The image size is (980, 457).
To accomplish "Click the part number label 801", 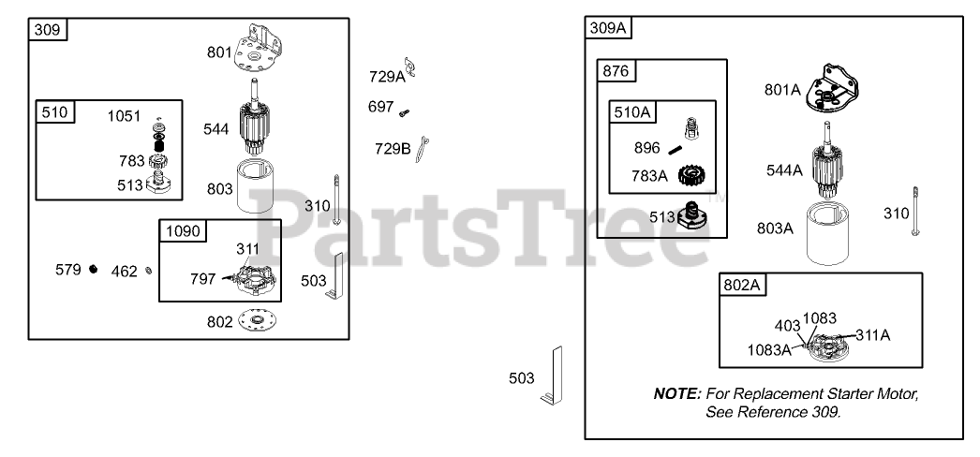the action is tap(219, 52).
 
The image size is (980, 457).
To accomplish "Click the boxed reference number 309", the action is tap(48, 30).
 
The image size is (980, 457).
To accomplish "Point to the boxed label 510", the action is tap(55, 112).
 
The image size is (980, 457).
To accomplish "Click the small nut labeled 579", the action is tap(94, 271).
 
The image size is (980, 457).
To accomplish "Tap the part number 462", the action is tap(125, 272).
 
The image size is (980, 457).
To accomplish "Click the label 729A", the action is tap(386, 77).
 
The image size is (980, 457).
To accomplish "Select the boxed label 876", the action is tap(616, 72).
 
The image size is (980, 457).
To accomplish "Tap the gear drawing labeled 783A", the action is tap(692, 175).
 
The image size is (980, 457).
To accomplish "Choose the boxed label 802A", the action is tap(741, 286).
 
